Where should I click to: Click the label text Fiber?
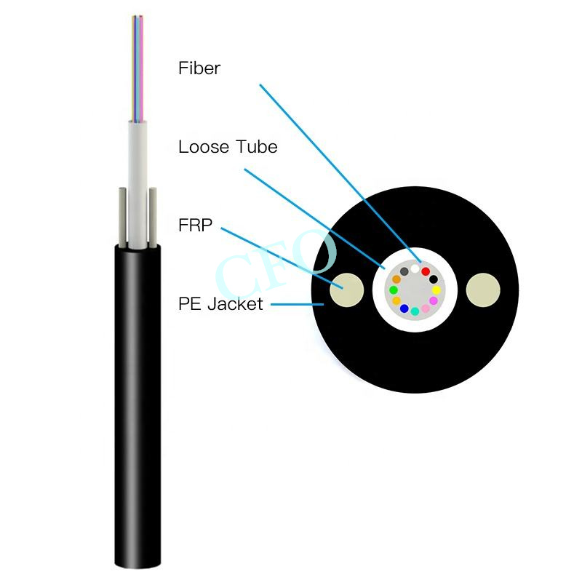tap(199, 68)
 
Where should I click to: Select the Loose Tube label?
tap(228, 147)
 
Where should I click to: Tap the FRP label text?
tap(195, 226)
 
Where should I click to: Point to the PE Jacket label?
tap(220, 304)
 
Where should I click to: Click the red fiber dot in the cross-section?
tap(426, 271)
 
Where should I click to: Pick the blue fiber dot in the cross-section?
tap(404, 308)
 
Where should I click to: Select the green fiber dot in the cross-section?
tap(394, 290)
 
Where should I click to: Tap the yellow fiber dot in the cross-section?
tap(436, 290)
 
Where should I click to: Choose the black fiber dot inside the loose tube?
tap(434, 279)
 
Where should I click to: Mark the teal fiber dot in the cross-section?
tap(415, 311)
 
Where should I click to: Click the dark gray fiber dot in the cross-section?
tap(404, 271)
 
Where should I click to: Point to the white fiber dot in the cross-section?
tap(415, 268)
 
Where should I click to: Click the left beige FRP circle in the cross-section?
tap(347, 290)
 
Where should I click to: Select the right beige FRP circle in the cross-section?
tap(483, 290)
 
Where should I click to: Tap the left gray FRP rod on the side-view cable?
tap(122, 218)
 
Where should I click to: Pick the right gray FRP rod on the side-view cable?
tap(153, 218)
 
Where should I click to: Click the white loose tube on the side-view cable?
tap(137, 185)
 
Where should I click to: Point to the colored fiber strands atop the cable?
tap(137, 68)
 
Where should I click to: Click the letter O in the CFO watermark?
tap(316, 252)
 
